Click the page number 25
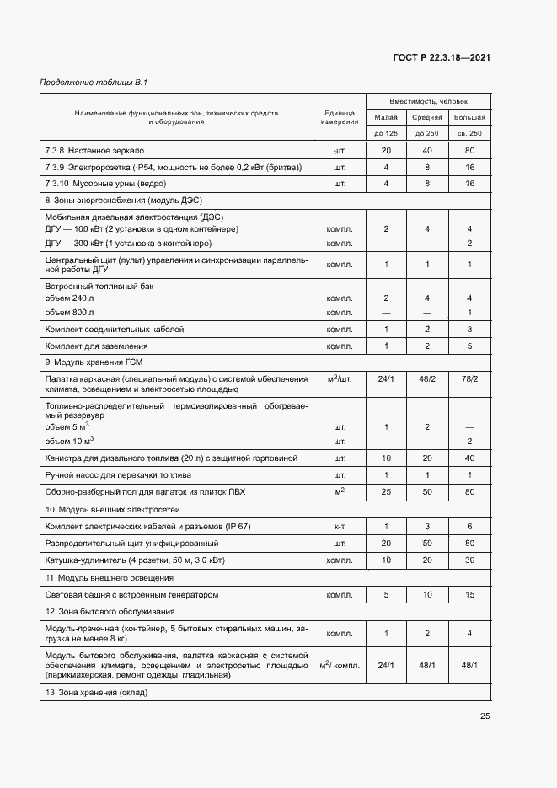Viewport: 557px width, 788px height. [x=485, y=716]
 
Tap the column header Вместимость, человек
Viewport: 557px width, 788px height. [x=428, y=100]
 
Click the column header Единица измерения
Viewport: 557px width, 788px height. [x=339, y=117]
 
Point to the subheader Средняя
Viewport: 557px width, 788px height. [x=427, y=117]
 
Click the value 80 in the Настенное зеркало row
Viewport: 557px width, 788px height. [x=469, y=150]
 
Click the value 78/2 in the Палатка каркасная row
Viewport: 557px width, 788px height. [x=469, y=379]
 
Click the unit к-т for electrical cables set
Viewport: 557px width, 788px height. [x=339, y=527]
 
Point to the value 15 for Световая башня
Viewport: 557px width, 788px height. [x=469, y=594]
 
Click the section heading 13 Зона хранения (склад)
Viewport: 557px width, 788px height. [x=96, y=693]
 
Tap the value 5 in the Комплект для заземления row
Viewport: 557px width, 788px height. [x=469, y=346]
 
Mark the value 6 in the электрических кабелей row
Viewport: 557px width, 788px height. [x=469, y=527]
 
